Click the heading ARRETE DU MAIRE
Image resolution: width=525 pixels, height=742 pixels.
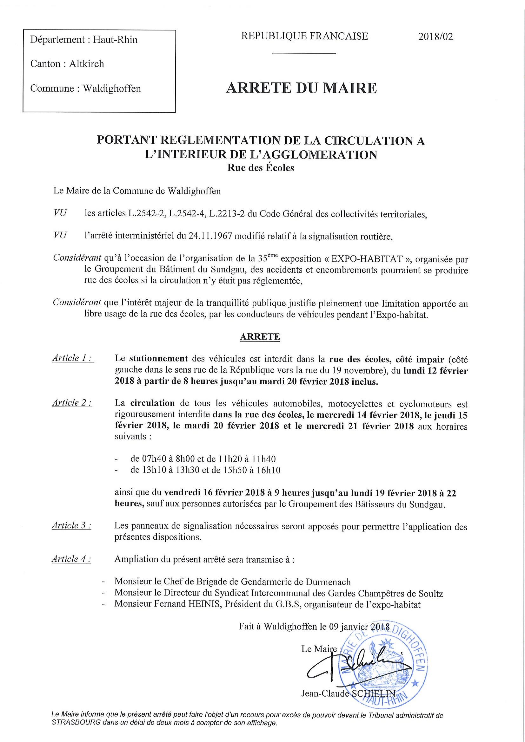click(x=301, y=88)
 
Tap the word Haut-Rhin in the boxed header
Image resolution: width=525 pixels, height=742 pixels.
click(x=116, y=40)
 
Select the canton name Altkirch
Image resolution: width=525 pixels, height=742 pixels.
click(x=87, y=64)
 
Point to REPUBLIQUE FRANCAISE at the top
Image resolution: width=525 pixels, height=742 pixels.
click(x=304, y=36)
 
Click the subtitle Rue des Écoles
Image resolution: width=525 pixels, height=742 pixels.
click(x=260, y=168)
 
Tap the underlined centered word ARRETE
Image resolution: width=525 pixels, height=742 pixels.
click(x=260, y=337)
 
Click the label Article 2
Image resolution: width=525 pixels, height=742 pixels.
click(x=71, y=403)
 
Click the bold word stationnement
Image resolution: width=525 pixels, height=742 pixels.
click(x=158, y=359)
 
